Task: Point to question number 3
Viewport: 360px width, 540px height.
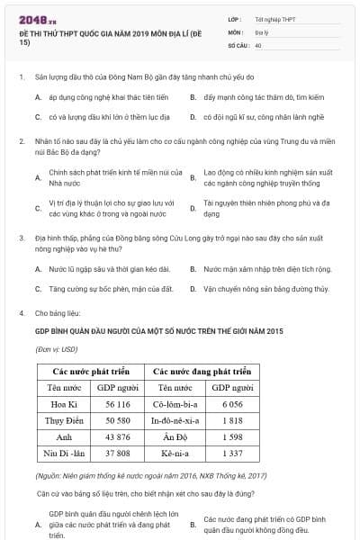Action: point(22,238)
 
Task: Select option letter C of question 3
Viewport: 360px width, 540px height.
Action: point(38,289)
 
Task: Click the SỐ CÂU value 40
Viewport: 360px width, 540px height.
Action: point(258,44)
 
